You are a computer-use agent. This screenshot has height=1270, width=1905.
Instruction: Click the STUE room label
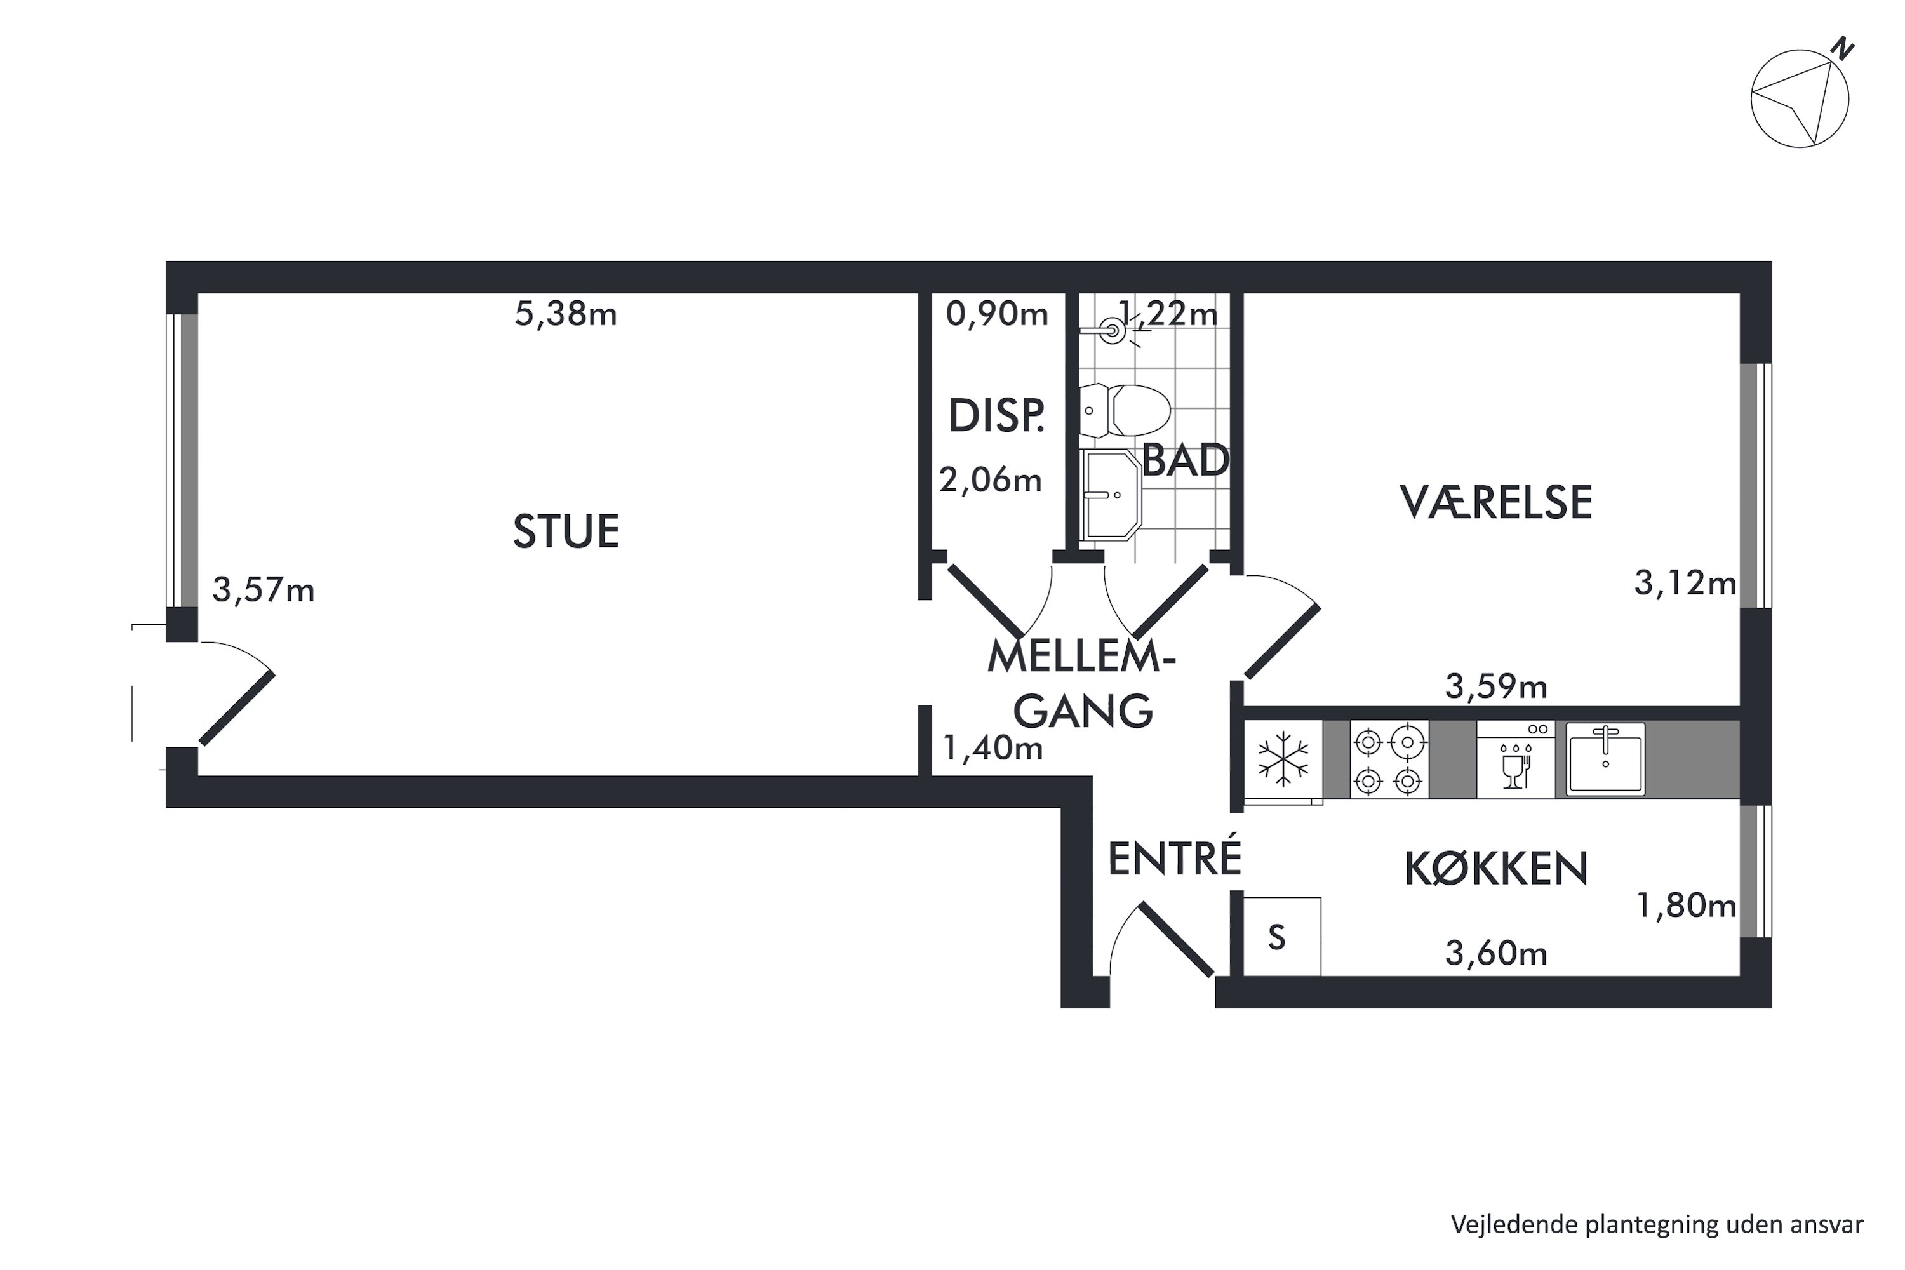coord(566,531)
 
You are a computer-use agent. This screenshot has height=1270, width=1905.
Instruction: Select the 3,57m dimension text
coord(264,591)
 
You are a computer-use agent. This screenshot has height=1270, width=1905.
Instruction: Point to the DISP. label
coord(996,417)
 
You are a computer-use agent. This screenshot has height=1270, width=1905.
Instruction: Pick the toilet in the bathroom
coord(1125,411)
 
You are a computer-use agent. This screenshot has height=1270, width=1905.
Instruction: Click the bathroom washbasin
coord(1111,495)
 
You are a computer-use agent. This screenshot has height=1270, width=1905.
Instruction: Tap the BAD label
coord(1186,461)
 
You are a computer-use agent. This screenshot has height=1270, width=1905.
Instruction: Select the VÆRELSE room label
coord(1496,502)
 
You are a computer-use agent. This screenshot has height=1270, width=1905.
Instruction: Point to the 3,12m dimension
coord(1685,582)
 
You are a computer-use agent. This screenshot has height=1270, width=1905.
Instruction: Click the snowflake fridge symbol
coord(1283,759)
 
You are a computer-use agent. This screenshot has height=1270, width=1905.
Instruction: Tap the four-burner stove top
coord(1388,759)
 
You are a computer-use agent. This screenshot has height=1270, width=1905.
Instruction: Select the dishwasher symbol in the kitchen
coord(1515,759)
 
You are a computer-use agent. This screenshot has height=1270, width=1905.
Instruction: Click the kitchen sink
coord(1605,759)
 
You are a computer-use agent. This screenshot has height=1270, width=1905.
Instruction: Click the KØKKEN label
coord(1495,869)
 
